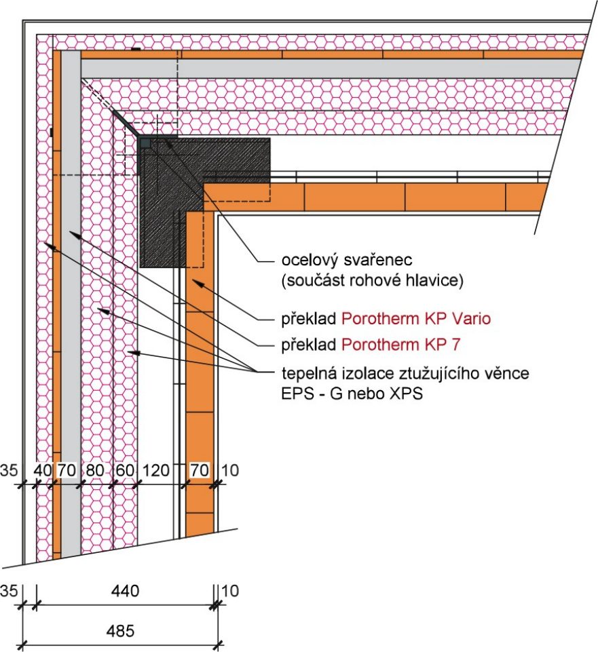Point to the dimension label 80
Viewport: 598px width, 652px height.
(95, 469)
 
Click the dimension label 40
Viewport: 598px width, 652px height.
(42, 469)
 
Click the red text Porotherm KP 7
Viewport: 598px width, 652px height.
(401, 345)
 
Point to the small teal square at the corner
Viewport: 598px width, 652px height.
(145, 142)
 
